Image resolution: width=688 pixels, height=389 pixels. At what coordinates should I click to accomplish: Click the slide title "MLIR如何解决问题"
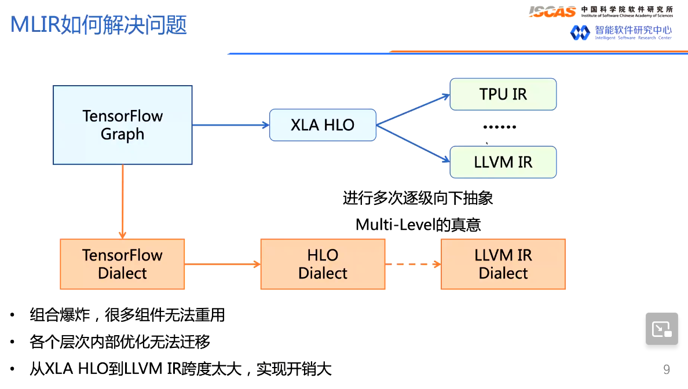(x=99, y=25)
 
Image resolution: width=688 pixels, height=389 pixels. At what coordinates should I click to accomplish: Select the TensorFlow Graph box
(x=122, y=125)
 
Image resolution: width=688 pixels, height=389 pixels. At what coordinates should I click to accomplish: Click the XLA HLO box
(x=323, y=124)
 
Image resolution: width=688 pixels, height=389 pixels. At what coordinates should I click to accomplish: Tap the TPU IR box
(x=503, y=94)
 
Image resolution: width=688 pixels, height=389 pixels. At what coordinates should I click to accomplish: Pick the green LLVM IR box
(x=503, y=162)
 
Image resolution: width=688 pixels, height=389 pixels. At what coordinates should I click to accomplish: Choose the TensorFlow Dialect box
(x=122, y=264)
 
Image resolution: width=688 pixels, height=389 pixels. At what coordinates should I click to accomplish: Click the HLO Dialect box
(x=323, y=264)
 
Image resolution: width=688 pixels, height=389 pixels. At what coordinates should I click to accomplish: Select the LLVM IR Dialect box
(x=503, y=264)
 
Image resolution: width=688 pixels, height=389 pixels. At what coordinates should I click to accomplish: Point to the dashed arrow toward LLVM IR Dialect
(x=412, y=264)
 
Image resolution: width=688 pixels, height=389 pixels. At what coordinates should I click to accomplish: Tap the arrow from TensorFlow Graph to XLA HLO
(x=230, y=124)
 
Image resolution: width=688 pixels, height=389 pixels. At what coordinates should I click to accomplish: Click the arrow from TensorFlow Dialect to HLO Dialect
(x=222, y=264)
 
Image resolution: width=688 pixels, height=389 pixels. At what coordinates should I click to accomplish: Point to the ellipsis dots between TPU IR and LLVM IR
(x=499, y=127)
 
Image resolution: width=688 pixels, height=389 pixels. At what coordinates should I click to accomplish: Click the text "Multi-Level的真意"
(x=418, y=225)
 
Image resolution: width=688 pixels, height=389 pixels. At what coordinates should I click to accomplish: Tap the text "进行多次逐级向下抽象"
(x=418, y=199)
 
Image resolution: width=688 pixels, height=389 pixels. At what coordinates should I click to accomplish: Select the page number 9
(x=666, y=369)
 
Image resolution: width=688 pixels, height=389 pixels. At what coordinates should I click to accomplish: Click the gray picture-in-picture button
(x=661, y=329)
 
